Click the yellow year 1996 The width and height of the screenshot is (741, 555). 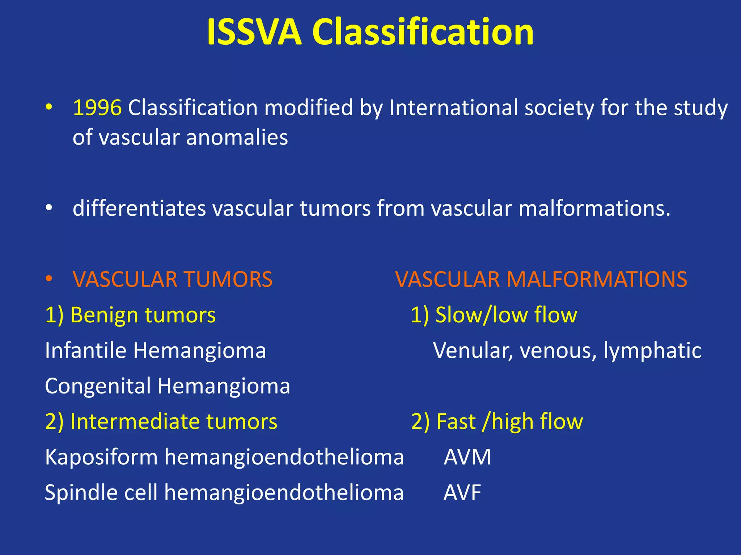[x=97, y=108]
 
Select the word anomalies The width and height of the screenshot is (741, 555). [x=237, y=138]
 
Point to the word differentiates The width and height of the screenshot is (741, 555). [x=139, y=208]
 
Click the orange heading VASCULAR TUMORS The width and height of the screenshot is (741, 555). [x=172, y=279]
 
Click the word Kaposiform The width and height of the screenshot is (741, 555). [x=101, y=457]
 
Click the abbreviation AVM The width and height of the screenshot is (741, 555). [x=467, y=457]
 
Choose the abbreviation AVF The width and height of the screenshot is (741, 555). [x=462, y=492]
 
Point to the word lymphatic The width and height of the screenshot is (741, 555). [x=652, y=350]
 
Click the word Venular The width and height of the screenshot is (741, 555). [x=472, y=350]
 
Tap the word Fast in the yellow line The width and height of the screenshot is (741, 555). [x=456, y=422]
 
